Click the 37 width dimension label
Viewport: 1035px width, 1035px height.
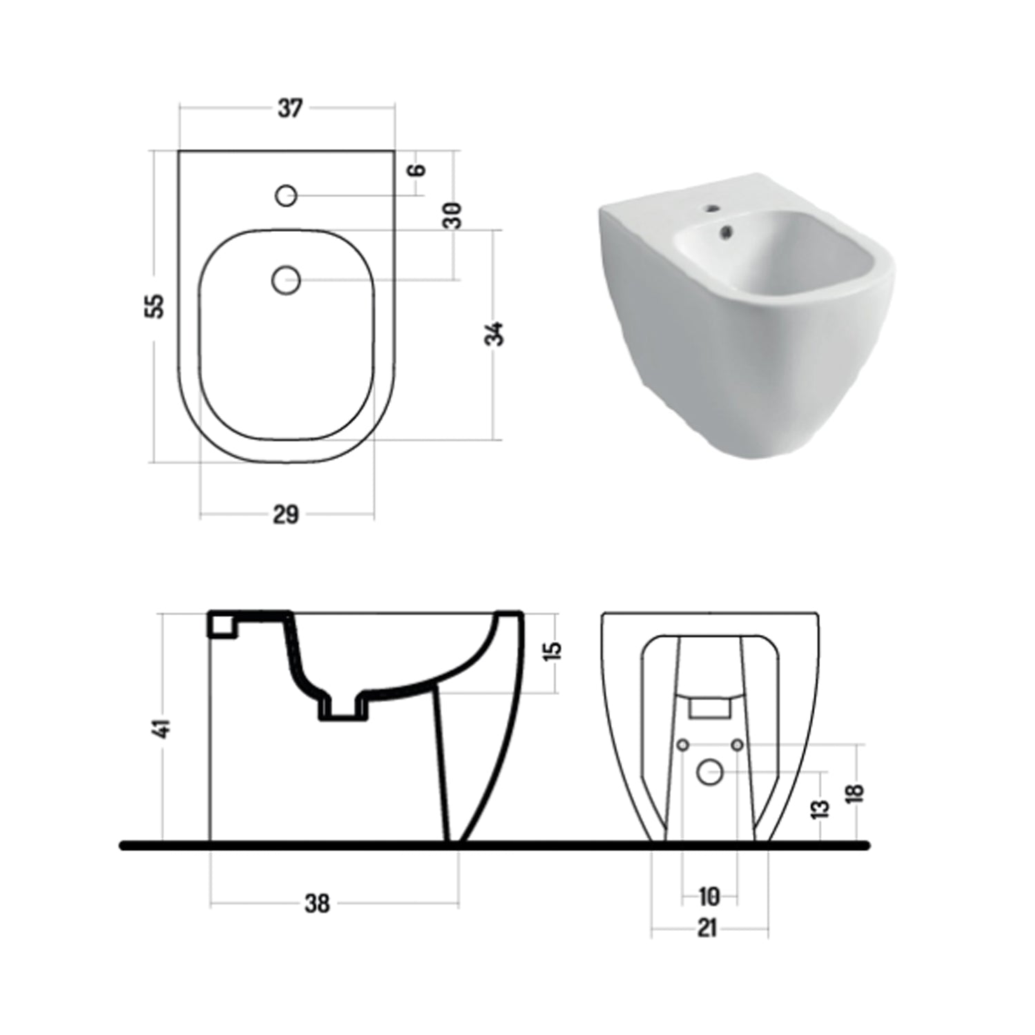pos(290,108)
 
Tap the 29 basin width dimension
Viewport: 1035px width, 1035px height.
pos(286,515)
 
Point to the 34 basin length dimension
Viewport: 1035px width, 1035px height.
pos(494,333)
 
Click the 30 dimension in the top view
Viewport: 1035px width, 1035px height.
pos(453,215)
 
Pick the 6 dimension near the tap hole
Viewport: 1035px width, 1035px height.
pos(417,170)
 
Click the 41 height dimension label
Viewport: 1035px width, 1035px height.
pos(163,728)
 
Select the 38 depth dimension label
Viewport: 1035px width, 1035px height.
pos(317,903)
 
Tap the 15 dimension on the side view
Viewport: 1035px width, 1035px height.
pos(553,651)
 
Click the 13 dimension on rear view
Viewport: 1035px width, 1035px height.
pos(820,809)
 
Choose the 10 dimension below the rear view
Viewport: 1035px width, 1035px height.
pos(709,896)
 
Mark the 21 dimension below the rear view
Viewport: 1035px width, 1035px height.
pos(707,928)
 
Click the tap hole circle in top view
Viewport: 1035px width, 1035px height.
pos(286,196)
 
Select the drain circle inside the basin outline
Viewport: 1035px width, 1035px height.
pos(286,280)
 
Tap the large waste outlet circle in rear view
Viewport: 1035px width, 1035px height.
pos(709,771)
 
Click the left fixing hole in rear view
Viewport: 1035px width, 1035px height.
pos(682,745)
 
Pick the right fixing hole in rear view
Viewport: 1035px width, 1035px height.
pos(736,745)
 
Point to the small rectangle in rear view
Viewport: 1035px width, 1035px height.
pos(709,707)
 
